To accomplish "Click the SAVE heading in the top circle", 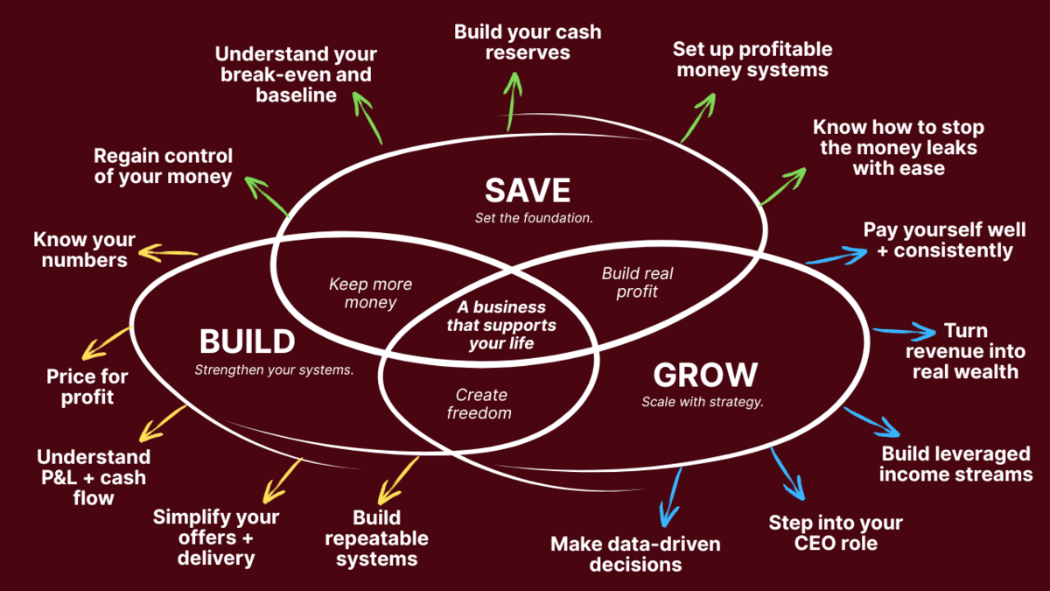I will pos(528,190).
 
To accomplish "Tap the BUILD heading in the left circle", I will pos(247,341).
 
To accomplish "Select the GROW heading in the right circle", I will pos(704,375).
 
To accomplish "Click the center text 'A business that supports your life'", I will pos(500,325).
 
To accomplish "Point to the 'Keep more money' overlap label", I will pos(370,293).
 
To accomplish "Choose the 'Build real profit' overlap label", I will pos(637,282).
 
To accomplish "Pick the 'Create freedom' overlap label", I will pos(479,404).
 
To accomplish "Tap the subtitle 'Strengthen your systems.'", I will pos(274,369).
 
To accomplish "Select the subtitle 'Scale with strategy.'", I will pos(703,403).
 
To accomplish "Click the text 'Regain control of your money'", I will pos(164,166).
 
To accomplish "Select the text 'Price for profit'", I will pos(87,387).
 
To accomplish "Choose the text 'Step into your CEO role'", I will pos(835,532).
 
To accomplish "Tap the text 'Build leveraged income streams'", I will pos(955,464).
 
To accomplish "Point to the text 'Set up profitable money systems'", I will pos(752,59).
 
